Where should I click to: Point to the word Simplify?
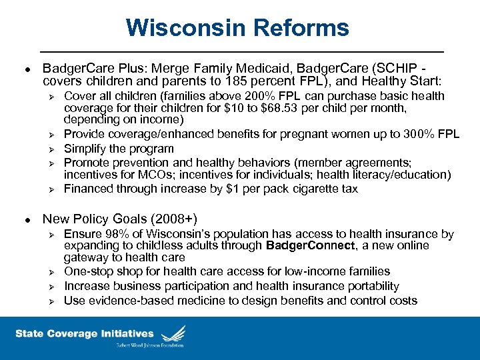click(87, 149)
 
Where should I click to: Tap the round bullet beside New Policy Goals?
click(25, 219)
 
